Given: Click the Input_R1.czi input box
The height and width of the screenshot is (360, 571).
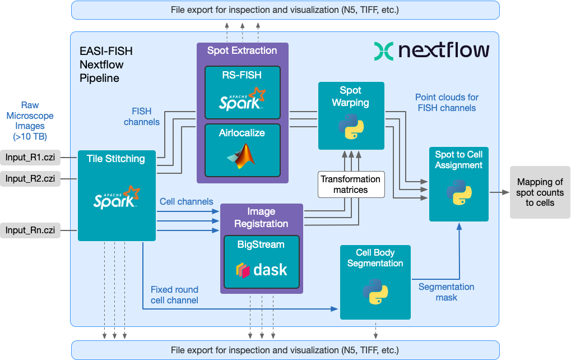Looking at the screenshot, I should click(31, 157).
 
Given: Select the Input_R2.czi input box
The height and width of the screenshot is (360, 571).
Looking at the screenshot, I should click(31, 179).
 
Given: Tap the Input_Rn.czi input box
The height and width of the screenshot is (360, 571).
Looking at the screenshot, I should click(31, 230).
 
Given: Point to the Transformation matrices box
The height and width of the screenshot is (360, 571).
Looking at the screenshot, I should click(351, 184).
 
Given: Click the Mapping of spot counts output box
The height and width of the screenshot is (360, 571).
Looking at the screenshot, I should click(540, 192).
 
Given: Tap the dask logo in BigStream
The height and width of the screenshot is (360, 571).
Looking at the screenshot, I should click(261, 269).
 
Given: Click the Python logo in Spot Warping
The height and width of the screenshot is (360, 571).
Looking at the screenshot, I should click(351, 126).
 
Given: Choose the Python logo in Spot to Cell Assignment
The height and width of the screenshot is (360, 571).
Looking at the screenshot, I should click(459, 193).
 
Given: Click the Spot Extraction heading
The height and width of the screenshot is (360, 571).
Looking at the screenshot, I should click(242, 50).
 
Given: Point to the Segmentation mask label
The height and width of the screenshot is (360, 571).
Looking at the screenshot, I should click(447, 292).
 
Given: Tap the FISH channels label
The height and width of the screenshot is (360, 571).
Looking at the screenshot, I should click(141, 117).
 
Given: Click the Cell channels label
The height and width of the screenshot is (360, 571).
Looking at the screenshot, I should click(187, 201).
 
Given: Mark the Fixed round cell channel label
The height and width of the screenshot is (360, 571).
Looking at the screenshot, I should click(174, 295).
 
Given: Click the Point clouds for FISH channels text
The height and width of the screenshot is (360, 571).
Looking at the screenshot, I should click(447, 103).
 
